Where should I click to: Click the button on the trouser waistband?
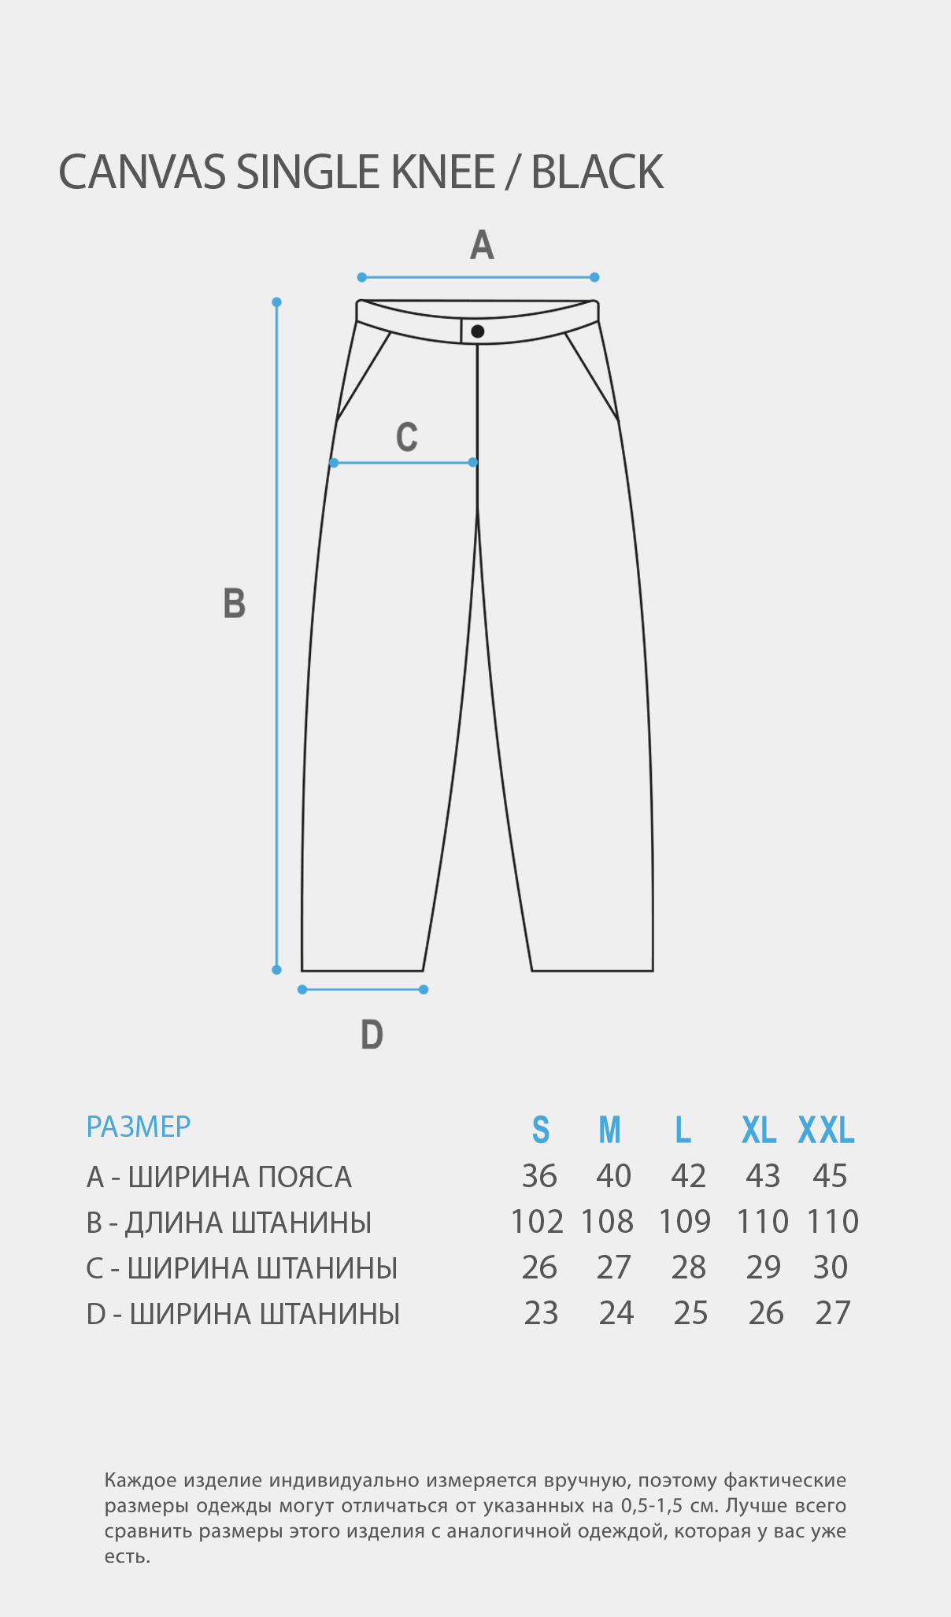click(x=478, y=331)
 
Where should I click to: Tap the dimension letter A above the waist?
click(x=482, y=245)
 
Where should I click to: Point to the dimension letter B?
click(x=235, y=604)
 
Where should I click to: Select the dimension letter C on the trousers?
click(x=407, y=437)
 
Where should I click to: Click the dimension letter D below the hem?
click(x=372, y=1034)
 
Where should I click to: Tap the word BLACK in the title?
click(x=598, y=172)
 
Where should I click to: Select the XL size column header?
click(x=759, y=1130)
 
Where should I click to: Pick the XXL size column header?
click(x=827, y=1130)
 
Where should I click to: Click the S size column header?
click(x=541, y=1130)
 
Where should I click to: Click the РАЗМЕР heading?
click(x=139, y=1127)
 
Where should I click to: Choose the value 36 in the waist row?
click(x=539, y=1176)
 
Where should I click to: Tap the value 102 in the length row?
click(x=537, y=1222)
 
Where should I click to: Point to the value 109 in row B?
click(x=685, y=1222)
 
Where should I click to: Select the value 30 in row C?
click(x=831, y=1267)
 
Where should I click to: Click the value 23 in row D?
click(x=541, y=1313)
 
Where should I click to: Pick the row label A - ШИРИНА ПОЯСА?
click(x=219, y=1177)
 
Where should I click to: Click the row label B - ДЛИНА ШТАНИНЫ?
click(x=229, y=1223)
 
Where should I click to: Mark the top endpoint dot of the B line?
click(x=276, y=302)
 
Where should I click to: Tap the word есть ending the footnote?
click(x=127, y=1556)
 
